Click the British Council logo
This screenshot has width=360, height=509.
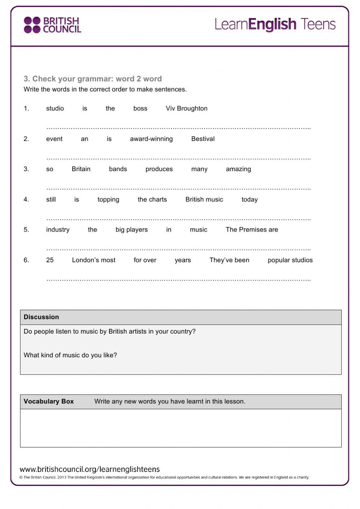[x=52, y=25]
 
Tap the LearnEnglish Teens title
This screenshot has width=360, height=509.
[x=275, y=24]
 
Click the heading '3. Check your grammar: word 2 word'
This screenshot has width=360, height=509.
[x=93, y=79]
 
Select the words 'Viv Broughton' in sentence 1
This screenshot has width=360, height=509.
[x=186, y=108]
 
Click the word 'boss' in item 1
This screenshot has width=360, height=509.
[x=140, y=108]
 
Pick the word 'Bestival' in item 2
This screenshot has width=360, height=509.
[x=203, y=139]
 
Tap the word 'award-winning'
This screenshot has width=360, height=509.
[x=151, y=139]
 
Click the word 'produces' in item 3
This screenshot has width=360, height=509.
[x=159, y=169]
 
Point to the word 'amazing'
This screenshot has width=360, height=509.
[x=238, y=169]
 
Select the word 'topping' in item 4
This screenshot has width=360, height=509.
[x=108, y=200]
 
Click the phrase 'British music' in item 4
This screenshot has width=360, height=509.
[x=204, y=200]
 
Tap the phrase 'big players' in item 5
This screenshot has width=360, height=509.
[x=131, y=230]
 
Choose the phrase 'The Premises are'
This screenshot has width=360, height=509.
[x=252, y=230]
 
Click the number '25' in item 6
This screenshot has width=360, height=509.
[x=50, y=260]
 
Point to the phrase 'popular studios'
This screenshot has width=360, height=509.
[x=290, y=260]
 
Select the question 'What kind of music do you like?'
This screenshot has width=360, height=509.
[x=70, y=355]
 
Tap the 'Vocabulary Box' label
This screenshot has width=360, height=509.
[x=49, y=401]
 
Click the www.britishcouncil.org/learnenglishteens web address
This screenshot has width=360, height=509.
[x=90, y=469]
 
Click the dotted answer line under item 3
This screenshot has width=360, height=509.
[x=178, y=188]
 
